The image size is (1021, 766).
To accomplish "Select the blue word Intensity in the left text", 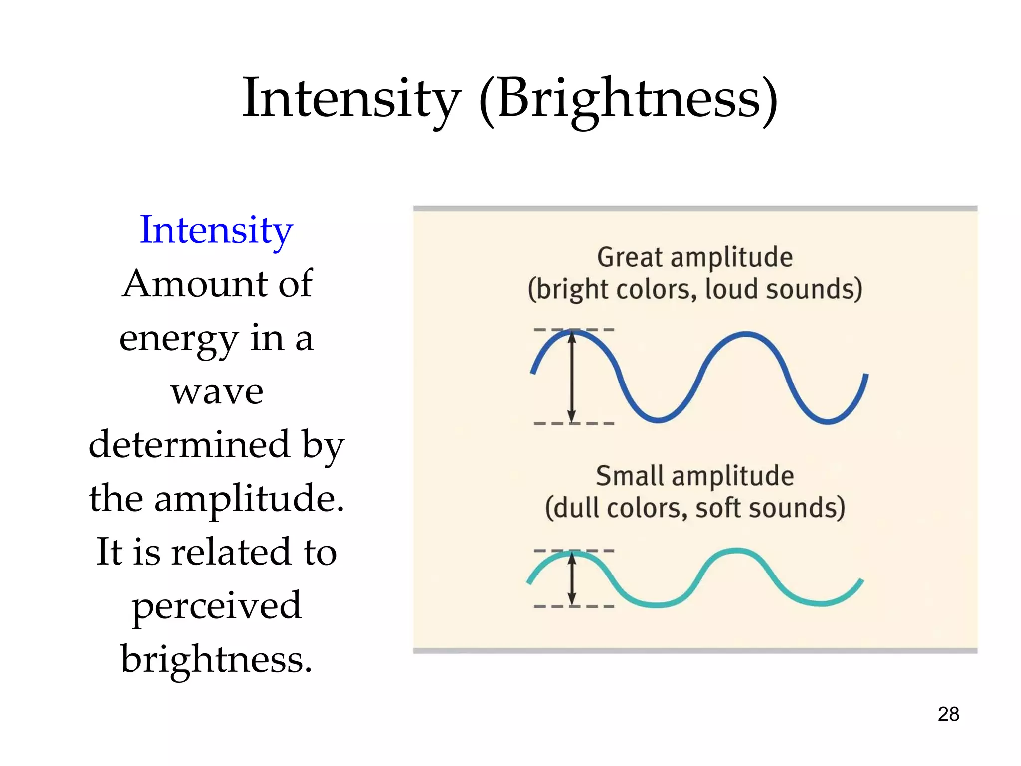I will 216,230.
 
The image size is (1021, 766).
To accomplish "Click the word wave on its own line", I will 217,391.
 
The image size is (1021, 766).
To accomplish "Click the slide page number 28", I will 948,714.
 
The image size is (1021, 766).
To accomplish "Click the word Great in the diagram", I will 630,257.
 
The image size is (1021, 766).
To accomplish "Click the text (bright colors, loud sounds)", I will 695,289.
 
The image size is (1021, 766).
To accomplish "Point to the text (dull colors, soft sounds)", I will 695,508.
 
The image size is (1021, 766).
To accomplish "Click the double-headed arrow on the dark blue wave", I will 572,377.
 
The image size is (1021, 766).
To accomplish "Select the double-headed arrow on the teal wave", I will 572,578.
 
